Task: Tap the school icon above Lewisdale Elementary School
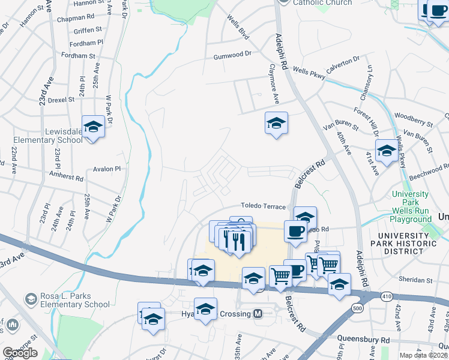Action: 94,127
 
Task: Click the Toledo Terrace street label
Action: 264,206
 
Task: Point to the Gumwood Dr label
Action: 232,55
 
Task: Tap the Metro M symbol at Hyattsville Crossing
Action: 258,314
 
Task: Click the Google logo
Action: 20,353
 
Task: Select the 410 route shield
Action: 385,296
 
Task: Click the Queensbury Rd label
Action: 363,340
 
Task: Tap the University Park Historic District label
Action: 396,244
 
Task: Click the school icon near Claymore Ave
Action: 276,124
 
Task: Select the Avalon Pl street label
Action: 107,169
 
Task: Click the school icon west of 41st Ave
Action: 387,151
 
